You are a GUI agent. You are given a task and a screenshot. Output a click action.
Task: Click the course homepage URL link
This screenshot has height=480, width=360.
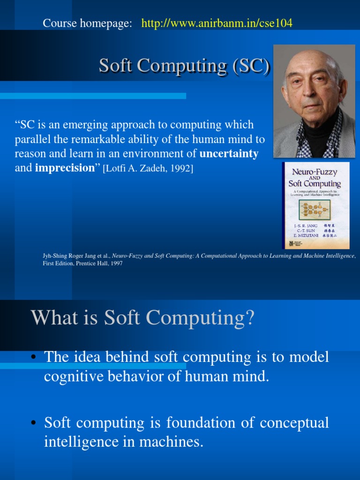pyautogui.click(x=217, y=23)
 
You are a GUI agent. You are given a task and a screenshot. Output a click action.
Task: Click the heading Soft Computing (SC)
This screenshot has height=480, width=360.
pyautogui.click(x=184, y=66)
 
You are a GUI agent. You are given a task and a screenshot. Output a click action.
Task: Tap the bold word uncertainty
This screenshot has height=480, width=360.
pyautogui.click(x=229, y=154)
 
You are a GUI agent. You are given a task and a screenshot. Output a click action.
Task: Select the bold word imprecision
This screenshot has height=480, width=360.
pyautogui.click(x=65, y=168)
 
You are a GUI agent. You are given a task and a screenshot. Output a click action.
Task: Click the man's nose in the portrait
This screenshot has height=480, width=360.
pyautogui.click(x=312, y=90)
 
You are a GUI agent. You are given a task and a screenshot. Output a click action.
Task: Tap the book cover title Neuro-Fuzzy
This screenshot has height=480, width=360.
pyautogui.click(x=315, y=172)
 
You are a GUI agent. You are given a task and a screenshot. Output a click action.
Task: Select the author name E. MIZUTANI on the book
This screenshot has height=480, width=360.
pyautogui.click(x=304, y=235)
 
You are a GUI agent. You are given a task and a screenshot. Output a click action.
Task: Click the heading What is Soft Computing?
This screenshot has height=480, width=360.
pyautogui.click(x=142, y=318)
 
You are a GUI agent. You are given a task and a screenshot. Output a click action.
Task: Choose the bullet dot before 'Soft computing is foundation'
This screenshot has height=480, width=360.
pyautogui.click(x=34, y=424)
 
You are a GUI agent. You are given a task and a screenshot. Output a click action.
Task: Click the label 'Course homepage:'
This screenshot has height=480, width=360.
pyautogui.click(x=87, y=23)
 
